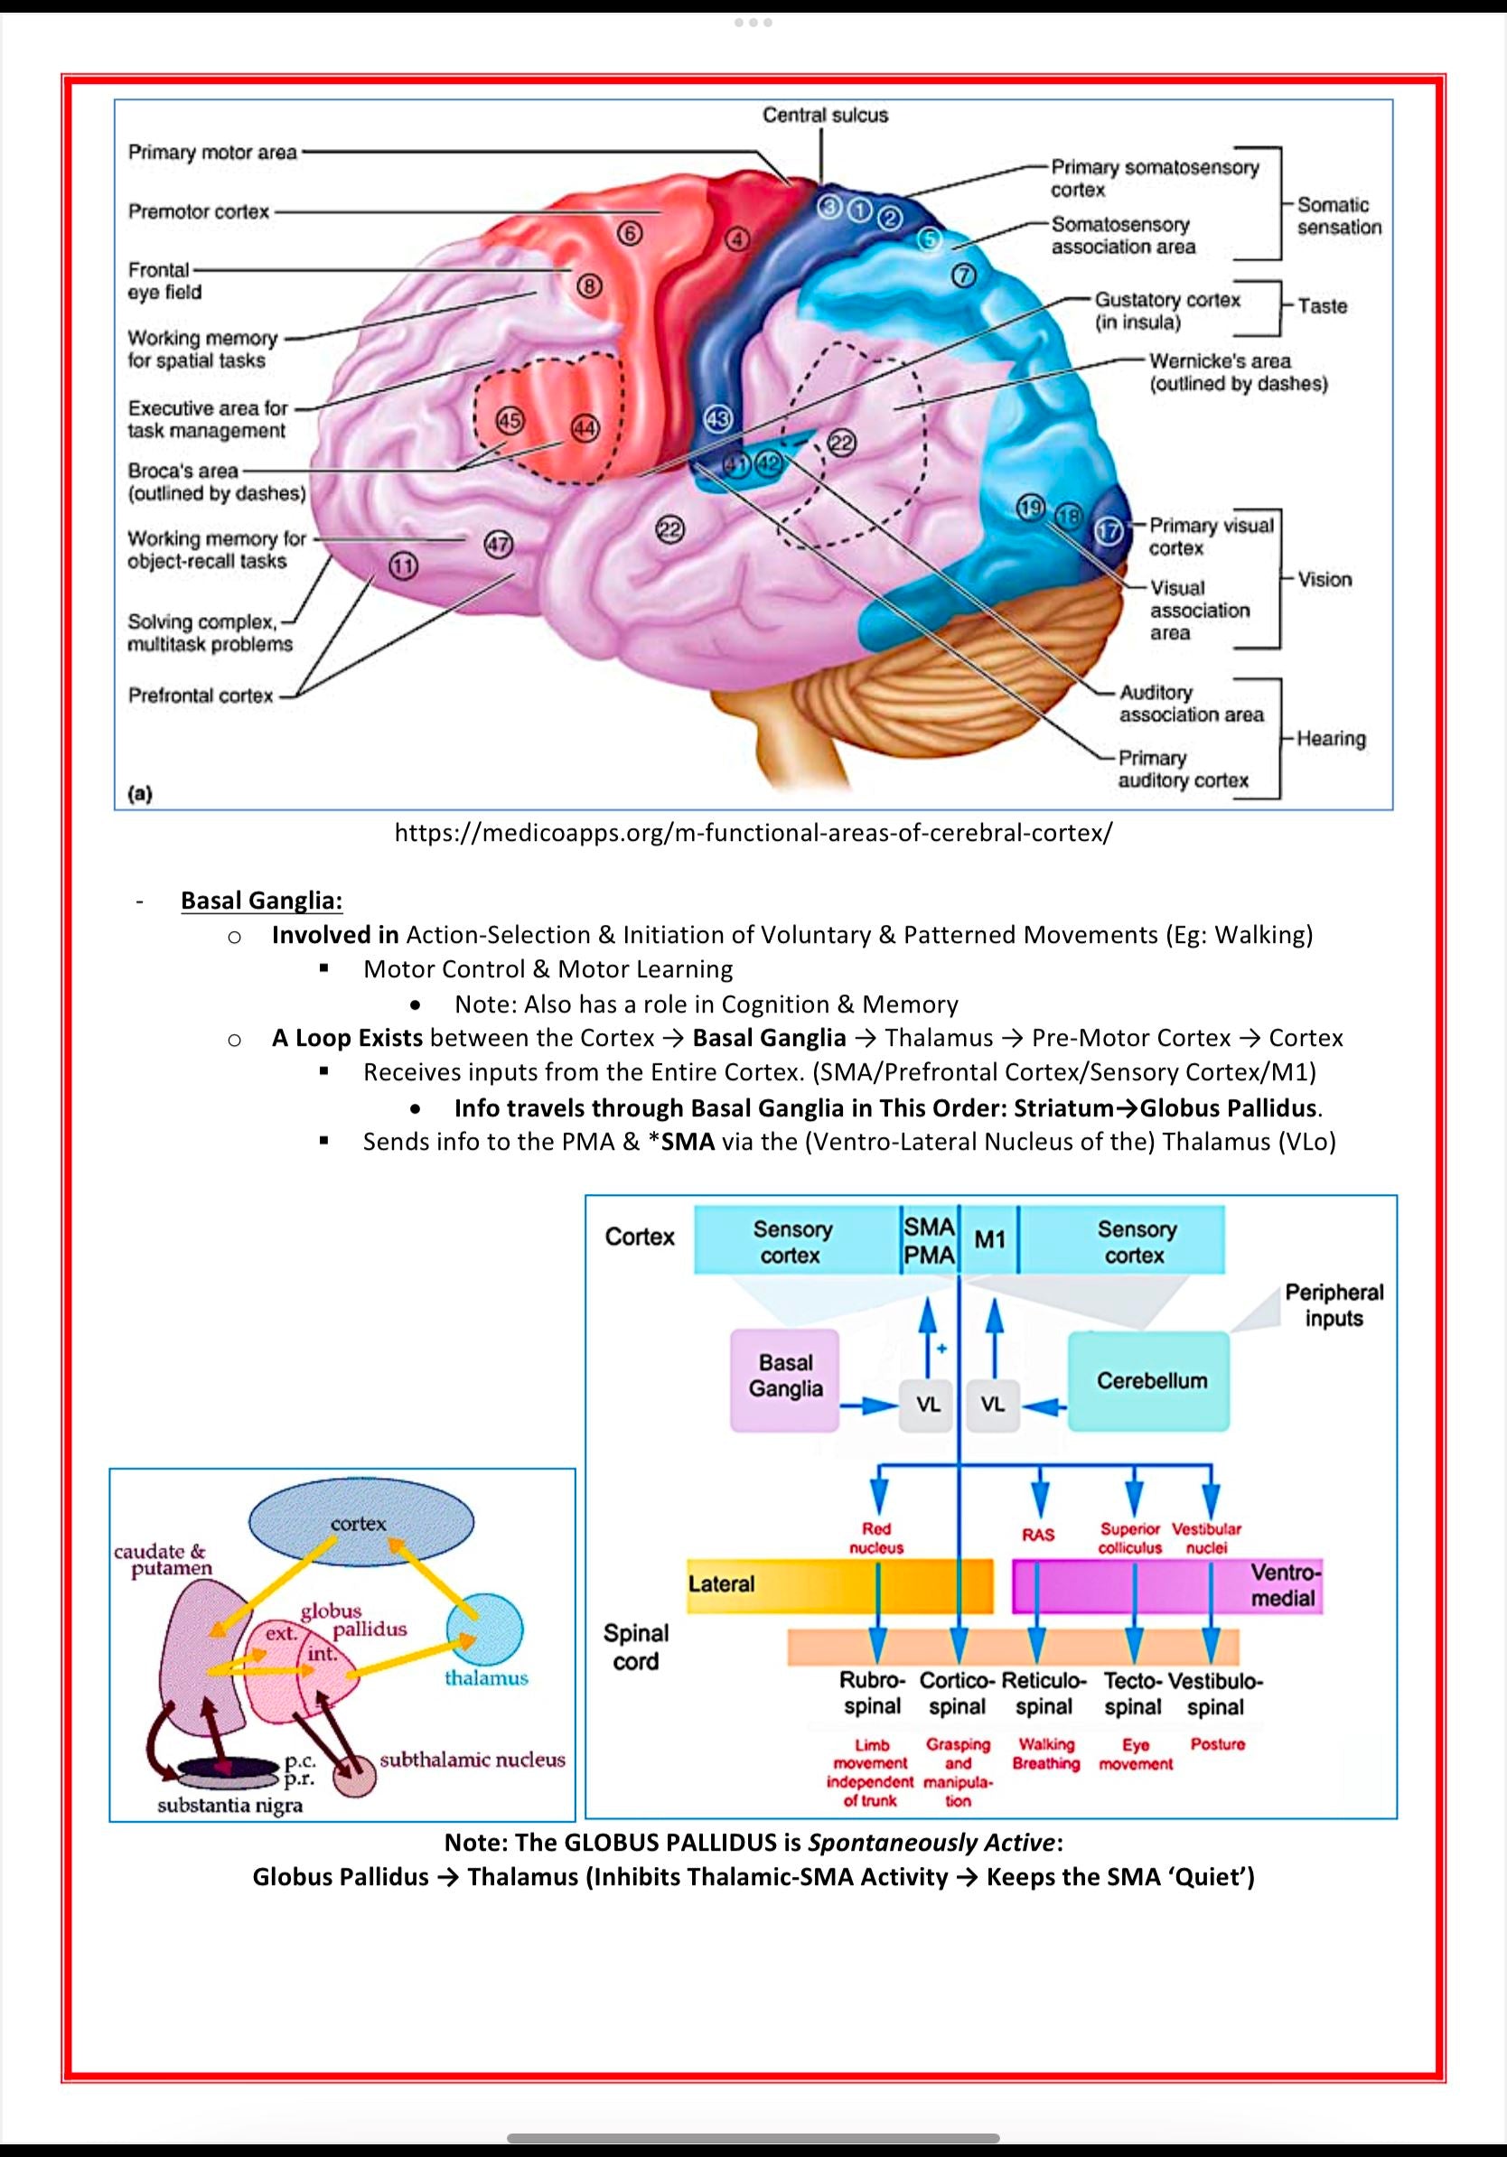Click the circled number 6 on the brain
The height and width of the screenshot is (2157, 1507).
point(629,233)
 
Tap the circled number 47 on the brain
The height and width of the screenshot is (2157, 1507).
point(498,544)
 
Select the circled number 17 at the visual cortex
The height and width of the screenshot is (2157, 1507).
point(1109,531)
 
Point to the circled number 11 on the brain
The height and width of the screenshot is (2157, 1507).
point(403,565)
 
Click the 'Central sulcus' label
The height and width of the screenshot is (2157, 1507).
point(825,115)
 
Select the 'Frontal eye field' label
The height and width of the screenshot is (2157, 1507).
point(164,281)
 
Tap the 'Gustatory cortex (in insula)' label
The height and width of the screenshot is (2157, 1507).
point(1166,310)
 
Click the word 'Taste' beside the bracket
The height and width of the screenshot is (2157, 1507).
point(1322,306)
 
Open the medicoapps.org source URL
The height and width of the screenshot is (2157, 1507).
point(753,833)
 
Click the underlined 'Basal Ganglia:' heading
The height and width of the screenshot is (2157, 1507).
point(261,900)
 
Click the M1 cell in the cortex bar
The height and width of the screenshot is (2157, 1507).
point(989,1240)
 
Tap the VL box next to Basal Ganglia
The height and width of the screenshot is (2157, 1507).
point(926,1405)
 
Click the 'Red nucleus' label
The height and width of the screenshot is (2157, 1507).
point(875,1538)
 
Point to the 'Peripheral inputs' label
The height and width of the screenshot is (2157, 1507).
point(1334,1305)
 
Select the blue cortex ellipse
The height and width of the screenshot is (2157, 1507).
point(360,1523)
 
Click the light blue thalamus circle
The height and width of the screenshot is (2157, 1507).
point(485,1630)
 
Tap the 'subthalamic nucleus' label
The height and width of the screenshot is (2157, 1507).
point(472,1760)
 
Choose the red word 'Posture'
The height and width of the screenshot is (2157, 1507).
point(1217,1744)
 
